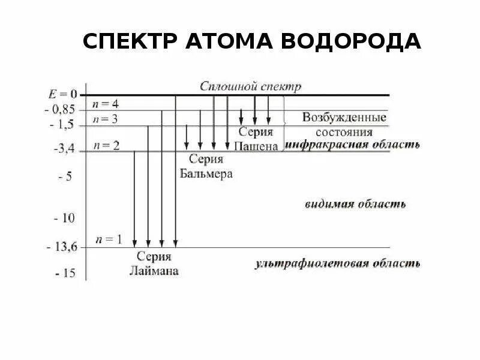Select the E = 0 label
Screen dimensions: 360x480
point(63,94)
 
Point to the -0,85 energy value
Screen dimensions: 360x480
point(61,110)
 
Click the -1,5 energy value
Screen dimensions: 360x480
point(62,125)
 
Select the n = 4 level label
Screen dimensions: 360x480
point(105,103)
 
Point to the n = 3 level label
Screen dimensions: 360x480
point(105,119)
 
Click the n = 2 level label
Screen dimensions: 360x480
point(106,145)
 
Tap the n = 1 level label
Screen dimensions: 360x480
point(109,240)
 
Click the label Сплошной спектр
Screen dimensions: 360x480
point(251,86)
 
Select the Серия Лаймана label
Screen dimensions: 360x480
point(154,263)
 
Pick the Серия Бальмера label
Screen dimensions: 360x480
point(206,167)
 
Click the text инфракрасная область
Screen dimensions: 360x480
point(352,145)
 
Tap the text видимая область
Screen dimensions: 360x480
point(356,204)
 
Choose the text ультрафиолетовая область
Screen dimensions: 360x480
point(338,263)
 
